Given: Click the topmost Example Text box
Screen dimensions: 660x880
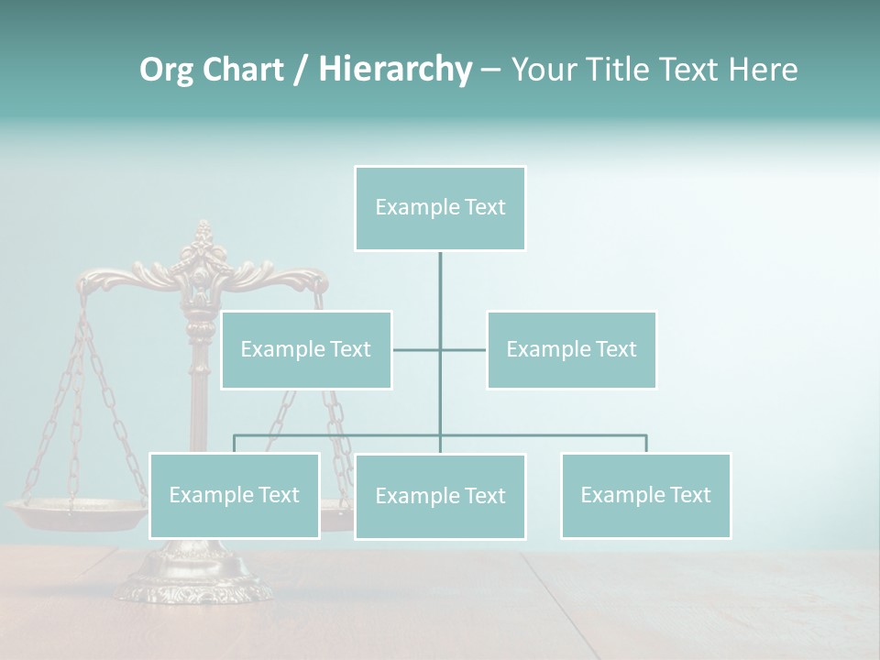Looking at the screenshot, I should coord(440,208).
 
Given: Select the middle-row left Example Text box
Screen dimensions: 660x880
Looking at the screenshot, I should coord(306,349).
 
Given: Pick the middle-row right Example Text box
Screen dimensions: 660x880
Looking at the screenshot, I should coord(571,349).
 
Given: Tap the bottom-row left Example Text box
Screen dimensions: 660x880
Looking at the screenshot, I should coord(234,495).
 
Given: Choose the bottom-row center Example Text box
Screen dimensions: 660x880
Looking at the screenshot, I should coord(440,496).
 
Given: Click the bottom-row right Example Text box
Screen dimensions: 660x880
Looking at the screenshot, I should coord(645,495).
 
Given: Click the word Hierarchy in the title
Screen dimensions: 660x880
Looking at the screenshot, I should coord(395,69).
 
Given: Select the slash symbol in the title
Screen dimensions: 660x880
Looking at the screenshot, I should coord(300,70).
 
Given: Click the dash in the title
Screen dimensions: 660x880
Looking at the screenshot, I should coord(490,71).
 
